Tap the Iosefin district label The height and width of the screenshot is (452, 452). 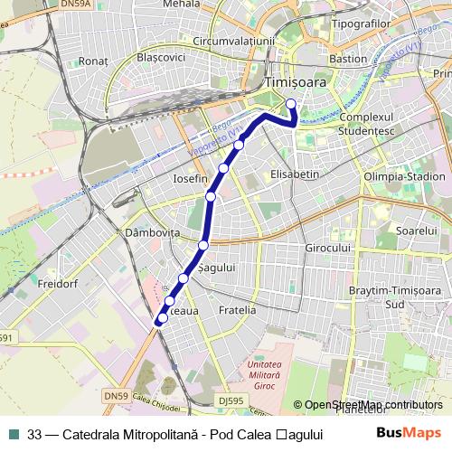point(190,179)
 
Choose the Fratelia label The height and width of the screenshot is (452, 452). point(237,310)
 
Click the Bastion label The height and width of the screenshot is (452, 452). point(349,59)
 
